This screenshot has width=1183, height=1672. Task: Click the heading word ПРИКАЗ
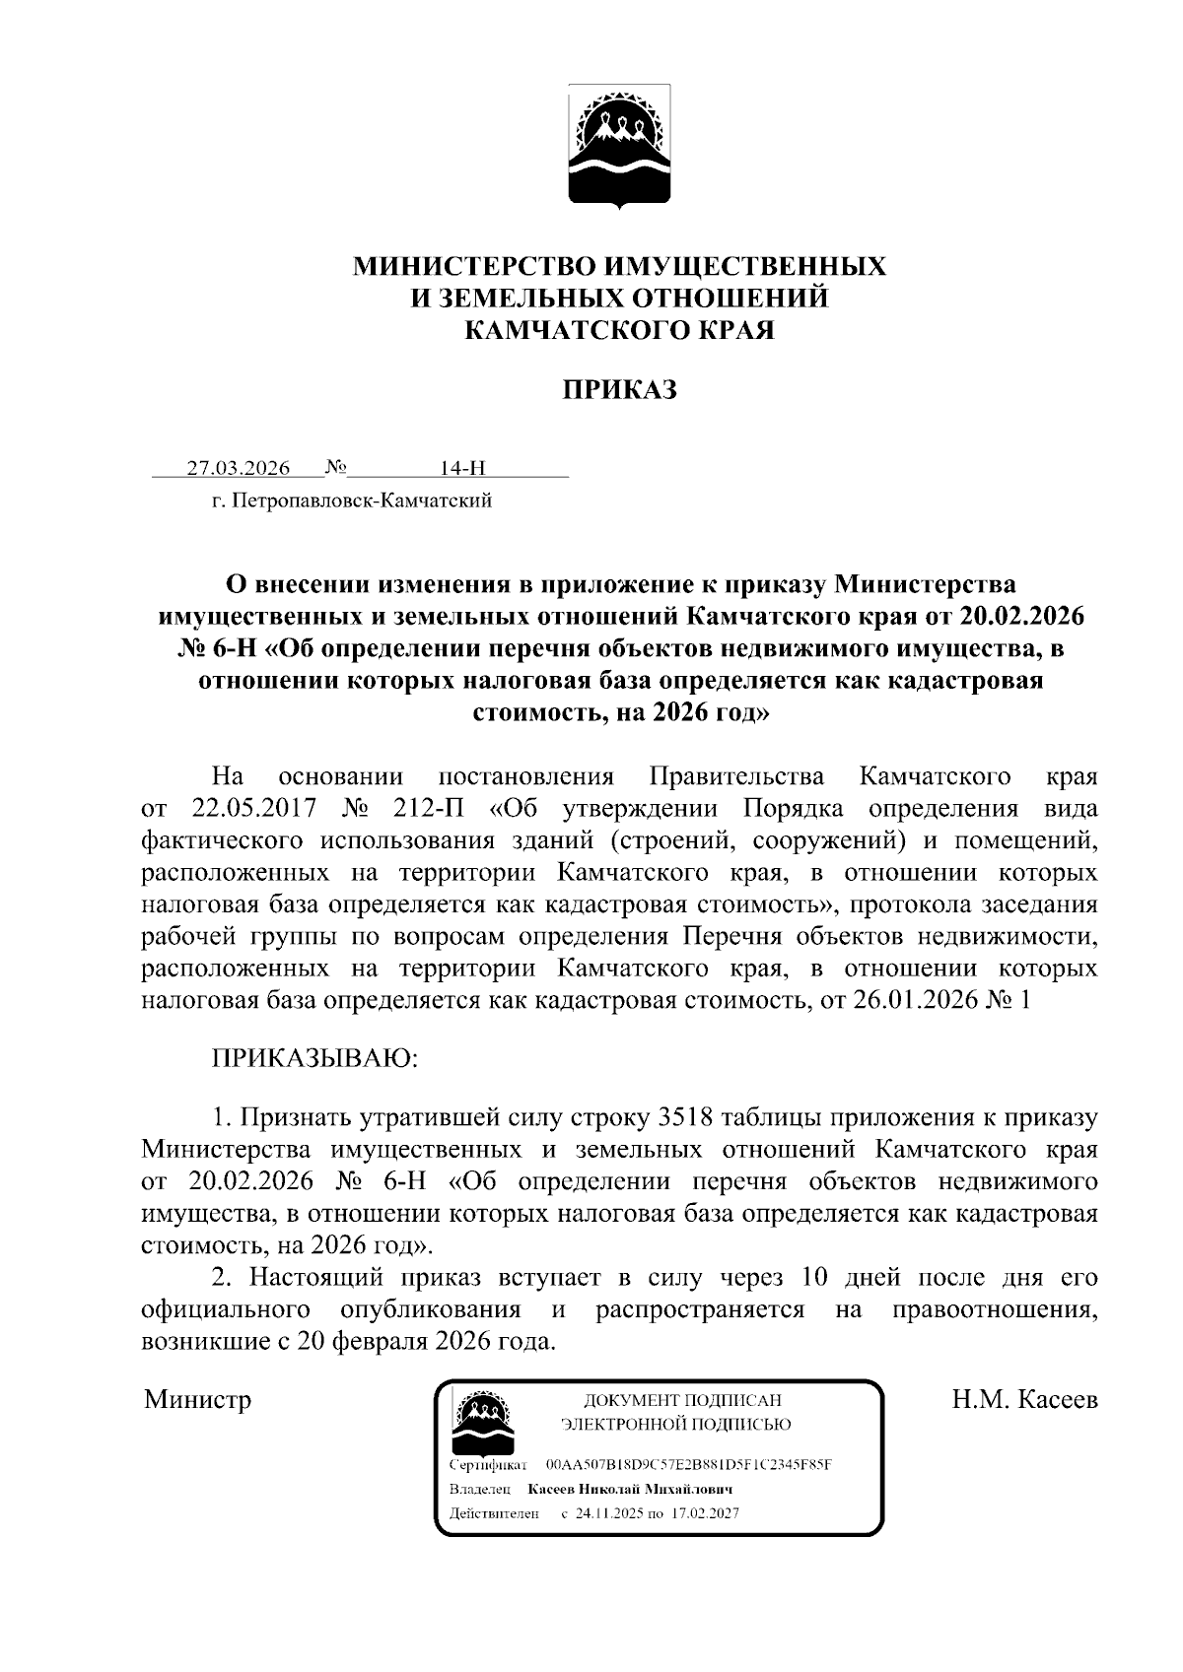click(619, 390)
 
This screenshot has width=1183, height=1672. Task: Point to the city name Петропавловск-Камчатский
click(360, 502)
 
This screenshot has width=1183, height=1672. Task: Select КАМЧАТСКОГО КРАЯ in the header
click(619, 330)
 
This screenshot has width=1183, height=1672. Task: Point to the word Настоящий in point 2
click(314, 1278)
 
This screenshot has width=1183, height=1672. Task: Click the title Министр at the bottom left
click(197, 1399)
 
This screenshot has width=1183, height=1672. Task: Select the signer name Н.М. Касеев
click(1024, 1399)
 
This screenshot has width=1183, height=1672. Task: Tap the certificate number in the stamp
click(688, 1465)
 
